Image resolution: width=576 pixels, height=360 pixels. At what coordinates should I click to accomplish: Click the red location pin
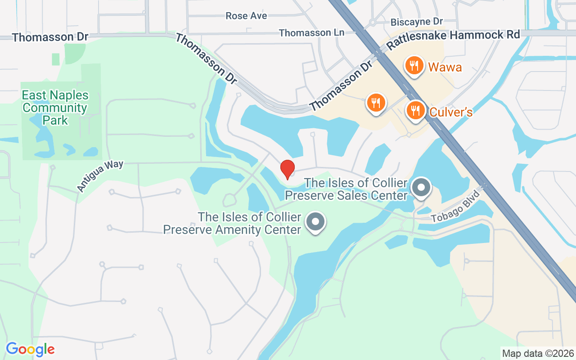click(x=287, y=169)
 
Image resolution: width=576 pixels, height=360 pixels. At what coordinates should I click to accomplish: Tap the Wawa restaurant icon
click(x=414, y=66)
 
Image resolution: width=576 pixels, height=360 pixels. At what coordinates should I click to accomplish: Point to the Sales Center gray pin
click(x=422, y=187)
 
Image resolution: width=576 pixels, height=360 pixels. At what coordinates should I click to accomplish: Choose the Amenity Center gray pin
click(x=315, y=221)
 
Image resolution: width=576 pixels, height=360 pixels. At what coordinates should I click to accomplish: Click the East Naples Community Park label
click(x=55, y=108)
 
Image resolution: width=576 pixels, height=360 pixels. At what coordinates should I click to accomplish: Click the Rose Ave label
click(x=246, y=16)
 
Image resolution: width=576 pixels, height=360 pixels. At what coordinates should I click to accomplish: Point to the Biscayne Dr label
click(x=417, y=22)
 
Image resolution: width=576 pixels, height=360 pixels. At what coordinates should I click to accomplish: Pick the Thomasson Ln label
click(x=311, y=33)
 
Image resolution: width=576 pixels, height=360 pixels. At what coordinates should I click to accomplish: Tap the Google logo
click(x=30, y=349)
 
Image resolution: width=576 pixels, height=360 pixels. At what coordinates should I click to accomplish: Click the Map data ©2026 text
click(x=538, y=353)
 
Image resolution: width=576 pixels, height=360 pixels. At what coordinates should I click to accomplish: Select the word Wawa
click(x=445, y=67)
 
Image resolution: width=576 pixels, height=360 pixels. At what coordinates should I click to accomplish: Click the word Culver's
click(x=451, y=112)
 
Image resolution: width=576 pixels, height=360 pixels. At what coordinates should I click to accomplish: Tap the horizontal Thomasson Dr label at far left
click(x=50, y=37)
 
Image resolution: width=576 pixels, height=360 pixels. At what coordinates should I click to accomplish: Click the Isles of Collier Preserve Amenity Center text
click(x=232, y=223)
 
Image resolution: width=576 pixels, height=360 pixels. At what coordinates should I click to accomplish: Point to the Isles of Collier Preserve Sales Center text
click(x=346, y=189)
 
